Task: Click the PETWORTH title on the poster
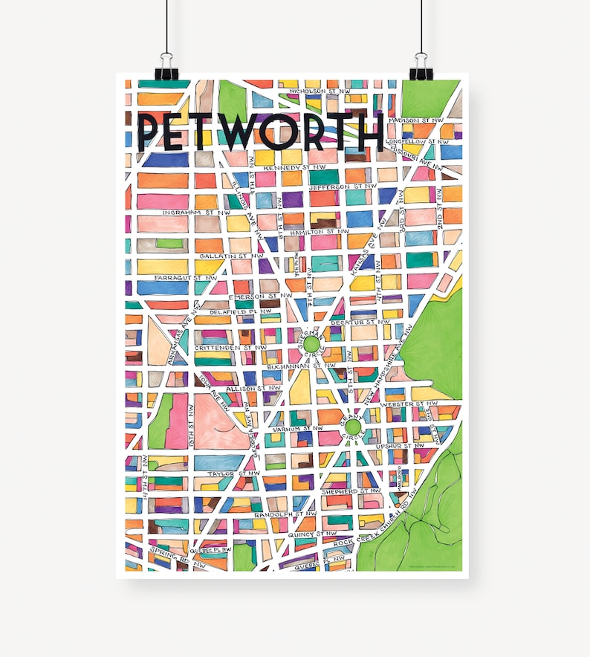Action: tap(261, 132)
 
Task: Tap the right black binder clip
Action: tap(423, 66)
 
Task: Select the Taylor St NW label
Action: tap(233, 473)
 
